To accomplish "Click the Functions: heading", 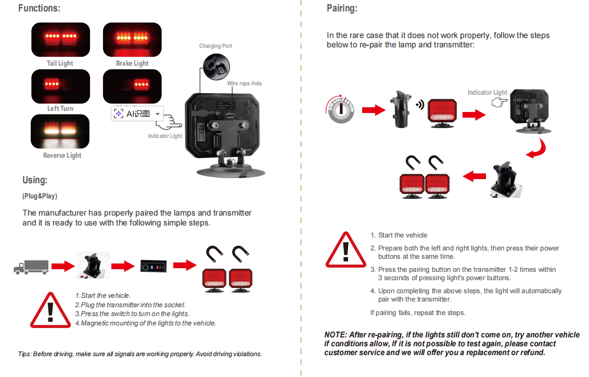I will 39,8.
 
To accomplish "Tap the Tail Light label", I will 60,64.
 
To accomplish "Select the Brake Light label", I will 132,64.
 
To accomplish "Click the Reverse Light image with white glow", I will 60,131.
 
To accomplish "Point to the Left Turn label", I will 60,109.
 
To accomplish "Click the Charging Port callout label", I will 215,46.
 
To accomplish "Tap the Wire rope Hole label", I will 244,84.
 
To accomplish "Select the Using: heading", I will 35,180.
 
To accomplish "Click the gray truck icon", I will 31,267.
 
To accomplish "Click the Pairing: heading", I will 342,8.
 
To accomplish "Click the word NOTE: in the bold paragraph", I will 336,335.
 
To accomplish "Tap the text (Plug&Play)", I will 40,196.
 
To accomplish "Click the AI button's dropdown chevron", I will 157,114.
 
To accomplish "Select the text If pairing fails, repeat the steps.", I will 417,313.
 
